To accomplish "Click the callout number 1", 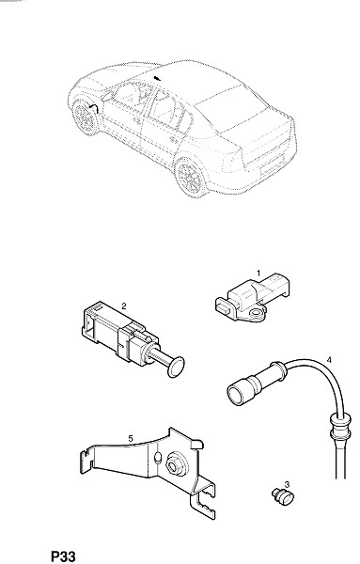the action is click(x=258, y=273).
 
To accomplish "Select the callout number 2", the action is click(x=124, y=306).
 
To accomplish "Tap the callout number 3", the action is click(x=287, y=484).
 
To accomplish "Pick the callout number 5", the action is click(x=131, y=438).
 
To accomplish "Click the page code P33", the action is click(x=63, y=556).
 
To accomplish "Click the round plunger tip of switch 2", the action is click(x=176, y=368).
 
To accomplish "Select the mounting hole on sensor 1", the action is click(x=256, y=313).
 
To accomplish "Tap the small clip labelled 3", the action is click(x=283, y=496).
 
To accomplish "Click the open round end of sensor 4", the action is click(x=236, y=394).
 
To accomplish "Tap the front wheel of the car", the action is click(x=86, y=117).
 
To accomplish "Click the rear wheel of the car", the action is click(x=191, y=177).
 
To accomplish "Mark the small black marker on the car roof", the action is click(x=156, y=78).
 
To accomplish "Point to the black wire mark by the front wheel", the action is click(x=93, y=108).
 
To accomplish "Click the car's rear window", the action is click(x=231, y=108).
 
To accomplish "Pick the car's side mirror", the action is click(x=107, y=96).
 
